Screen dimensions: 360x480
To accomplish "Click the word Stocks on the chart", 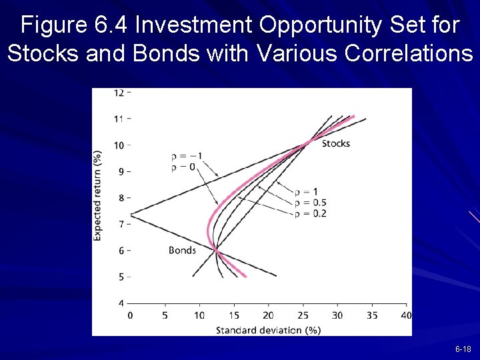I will (x=335, y=143).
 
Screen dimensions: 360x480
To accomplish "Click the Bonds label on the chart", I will (x=182, y=251).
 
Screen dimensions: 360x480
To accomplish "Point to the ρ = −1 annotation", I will (x=187, y=156).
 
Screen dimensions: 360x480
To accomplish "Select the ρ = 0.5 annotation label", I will (x=310, y=203).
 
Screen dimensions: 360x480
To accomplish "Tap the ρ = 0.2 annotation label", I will (x=310, y=213).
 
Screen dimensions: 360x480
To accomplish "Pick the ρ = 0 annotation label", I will (x=183, y=167).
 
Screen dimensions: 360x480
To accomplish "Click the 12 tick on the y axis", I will (x=119, y=93).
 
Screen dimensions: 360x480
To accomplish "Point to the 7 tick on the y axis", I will (x=121, y=224).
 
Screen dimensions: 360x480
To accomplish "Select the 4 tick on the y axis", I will (x=121, y=303).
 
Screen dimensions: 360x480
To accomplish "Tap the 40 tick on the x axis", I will (x=407, y=315).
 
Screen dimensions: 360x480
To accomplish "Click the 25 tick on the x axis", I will (x=303, y=315).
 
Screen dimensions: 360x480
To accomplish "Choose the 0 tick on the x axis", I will (x=130, y=315).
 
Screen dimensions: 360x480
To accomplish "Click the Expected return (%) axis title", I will (x=98, y=195).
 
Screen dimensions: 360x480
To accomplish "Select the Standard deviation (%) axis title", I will (x=268, y=330).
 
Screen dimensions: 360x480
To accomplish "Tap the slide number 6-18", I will (x=463, y=349).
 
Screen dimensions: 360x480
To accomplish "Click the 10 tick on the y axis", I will (x=119, y=145).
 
